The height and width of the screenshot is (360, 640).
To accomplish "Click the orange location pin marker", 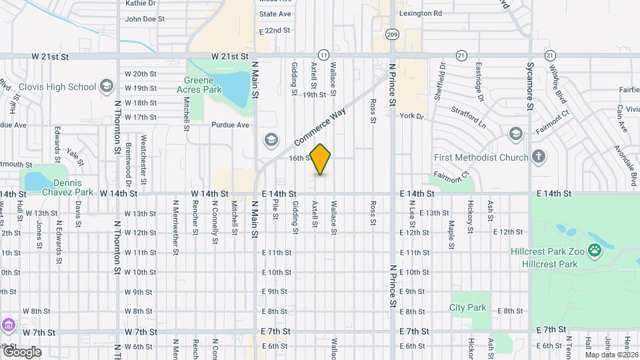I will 321,159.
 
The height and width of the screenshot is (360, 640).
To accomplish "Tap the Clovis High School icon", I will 106,86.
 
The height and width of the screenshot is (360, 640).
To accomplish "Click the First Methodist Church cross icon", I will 539,157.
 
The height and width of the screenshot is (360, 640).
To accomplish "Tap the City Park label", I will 467,307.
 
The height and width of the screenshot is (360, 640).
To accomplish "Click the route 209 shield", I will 392,34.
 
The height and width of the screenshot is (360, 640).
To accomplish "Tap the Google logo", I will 21,351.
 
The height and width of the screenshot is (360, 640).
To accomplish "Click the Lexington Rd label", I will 420,13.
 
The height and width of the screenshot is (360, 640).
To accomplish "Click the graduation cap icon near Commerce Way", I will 271,139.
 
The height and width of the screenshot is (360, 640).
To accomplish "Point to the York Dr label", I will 411,115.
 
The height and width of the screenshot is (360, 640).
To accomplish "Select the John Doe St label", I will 145,19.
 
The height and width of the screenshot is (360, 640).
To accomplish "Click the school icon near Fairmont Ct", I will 515,134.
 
